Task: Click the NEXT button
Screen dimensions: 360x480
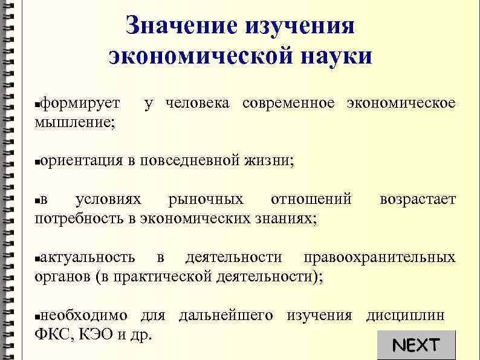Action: pyautogui.click(x=415, y=345)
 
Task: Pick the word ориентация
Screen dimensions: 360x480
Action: pyautogui.click(x=82, y=161)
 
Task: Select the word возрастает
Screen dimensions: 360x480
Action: pyautogui.click(x=417, y=200)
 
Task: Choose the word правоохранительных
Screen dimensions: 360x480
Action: pyautogui.click(x=380, y=257)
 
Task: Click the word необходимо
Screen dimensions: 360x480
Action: pyautogui.click(x=84, y=315)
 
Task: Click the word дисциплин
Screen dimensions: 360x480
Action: pyautogui.click(x=405, y=315)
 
